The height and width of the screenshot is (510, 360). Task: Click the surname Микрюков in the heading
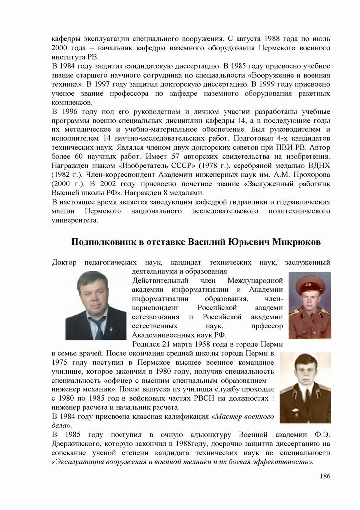click(296, 242)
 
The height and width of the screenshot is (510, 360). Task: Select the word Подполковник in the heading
click(102, 242)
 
